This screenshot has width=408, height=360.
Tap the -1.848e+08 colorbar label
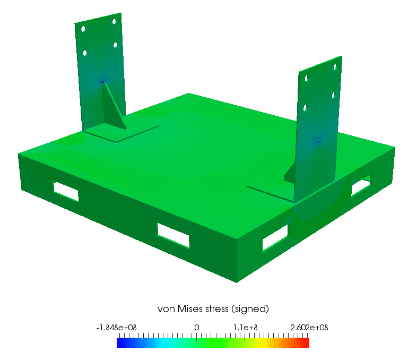pos(117,328)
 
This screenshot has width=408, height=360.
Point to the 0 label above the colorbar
pos(197,328)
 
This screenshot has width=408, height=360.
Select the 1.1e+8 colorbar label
pos(247,328)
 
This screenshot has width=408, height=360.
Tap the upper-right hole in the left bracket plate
pos(114,22)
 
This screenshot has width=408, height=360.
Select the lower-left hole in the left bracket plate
pos(85,53)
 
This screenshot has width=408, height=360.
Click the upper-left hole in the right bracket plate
pos(306,78)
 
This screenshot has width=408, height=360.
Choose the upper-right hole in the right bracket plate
pos(334,67)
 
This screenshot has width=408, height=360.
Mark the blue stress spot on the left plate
pos(103,82)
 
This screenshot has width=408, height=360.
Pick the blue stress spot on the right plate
pos(318,141)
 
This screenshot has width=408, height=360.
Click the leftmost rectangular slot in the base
pos(66,192)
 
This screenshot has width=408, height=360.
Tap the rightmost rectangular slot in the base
pos(361,185)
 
